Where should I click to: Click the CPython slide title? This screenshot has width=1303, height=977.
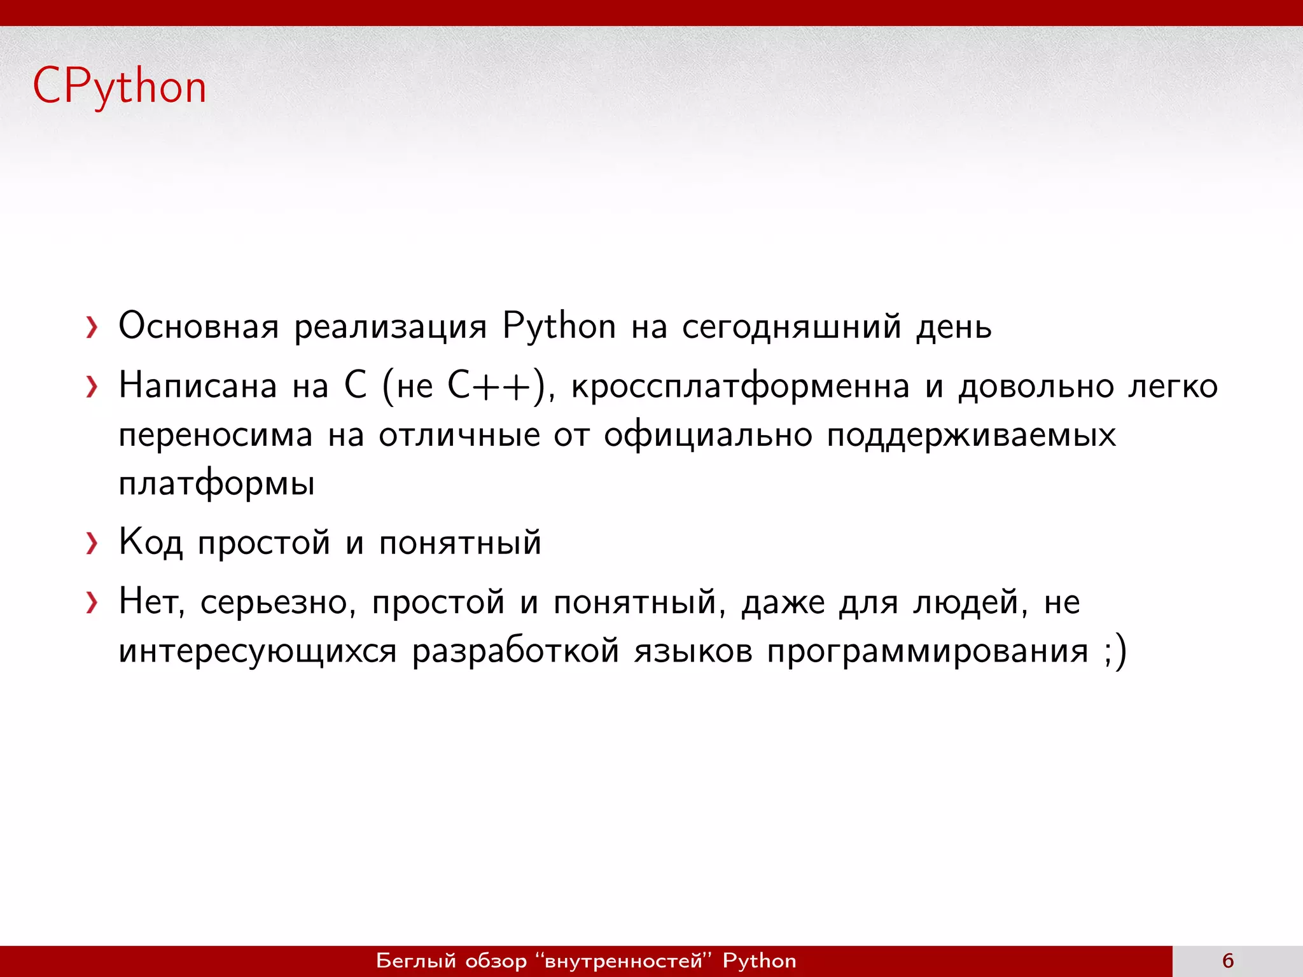(120, 87)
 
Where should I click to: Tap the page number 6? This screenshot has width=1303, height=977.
(1228, 960)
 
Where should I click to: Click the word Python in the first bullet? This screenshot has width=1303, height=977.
(559, 326)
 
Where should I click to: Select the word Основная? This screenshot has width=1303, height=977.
(199, 326)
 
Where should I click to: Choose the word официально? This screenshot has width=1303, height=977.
(708, 436)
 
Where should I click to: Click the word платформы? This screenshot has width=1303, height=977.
(217, 484)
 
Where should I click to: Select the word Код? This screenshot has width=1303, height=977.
(151, 543)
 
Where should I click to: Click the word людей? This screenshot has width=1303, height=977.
(970, 602)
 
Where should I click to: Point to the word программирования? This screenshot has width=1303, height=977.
(928, 651)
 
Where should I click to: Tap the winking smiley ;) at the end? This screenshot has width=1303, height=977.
(1115, 651)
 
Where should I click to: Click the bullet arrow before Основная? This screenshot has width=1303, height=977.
(92, 328)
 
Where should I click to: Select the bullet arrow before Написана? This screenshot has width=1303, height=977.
(92, 387)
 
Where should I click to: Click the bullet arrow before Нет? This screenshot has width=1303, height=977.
(92, 603)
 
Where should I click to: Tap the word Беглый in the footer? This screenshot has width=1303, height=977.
(416, 960)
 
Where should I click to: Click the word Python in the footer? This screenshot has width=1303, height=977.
(759, 960)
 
